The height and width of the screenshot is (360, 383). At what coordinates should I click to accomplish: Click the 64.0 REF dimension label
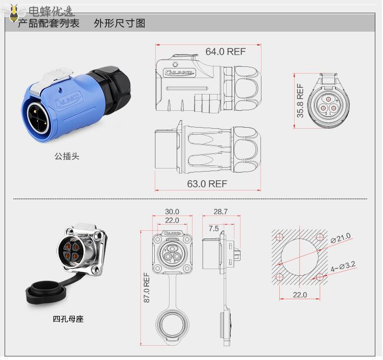[x=225, y=52]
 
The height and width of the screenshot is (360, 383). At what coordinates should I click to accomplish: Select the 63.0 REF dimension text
[x=207, y=184]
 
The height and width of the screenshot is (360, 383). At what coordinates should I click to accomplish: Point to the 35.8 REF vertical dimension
[x=300, y=101]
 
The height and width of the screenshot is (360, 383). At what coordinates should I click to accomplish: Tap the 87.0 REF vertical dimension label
[x=147, y=287]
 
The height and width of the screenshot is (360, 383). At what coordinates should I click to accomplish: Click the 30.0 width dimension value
[x=172, y=211]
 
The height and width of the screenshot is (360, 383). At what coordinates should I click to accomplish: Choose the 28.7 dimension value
[x=221, y=211]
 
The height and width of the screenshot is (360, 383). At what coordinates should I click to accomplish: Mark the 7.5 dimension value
[x=214, y=228]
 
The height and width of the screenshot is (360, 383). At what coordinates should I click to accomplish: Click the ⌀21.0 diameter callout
[x=341, y=237]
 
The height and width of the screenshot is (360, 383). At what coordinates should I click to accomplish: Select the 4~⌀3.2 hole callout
[x=343, y=267]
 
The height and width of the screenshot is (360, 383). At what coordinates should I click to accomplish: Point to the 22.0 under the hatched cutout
[x=300, y=295]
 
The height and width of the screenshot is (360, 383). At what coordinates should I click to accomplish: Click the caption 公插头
[x=67, y=156]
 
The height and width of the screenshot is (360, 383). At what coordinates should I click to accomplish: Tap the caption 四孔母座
[x=68, y=319]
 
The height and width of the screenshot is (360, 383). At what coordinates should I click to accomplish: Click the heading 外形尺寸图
[x=119, y=23]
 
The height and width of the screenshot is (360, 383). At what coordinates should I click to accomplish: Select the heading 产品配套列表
[x=49, y=23]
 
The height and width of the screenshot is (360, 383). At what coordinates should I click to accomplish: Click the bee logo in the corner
[x=13, y=13]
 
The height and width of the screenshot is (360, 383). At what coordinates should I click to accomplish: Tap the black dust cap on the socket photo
[x=46, y=293]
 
